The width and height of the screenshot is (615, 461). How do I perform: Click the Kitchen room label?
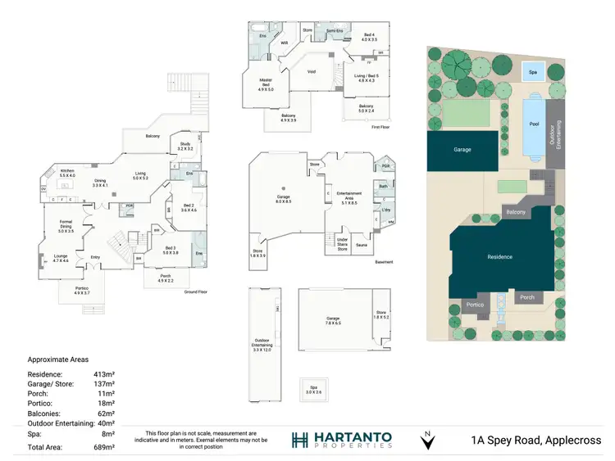(x=67, y=172)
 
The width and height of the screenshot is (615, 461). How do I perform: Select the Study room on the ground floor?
(x=184, y=147)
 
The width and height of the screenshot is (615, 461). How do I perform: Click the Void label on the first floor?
(x=311, y=71)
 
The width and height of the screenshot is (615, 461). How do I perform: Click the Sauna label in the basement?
(x=362, y=244)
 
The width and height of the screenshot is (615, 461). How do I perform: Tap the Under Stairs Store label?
(x=343, y=243)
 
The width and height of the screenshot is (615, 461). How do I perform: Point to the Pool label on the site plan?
(x=535, y=124)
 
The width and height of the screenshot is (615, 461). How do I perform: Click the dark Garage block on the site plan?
(x=462, y=150)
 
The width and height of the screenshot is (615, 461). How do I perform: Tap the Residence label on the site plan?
(x=499, y=257)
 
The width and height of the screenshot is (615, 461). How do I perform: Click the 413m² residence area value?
(x=103, y=374)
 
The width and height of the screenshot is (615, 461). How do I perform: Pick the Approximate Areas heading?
(x=59, y=359)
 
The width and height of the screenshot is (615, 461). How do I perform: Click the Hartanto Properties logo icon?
(x=299, y=440)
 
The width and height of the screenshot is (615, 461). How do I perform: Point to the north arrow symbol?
(x=426, y=442)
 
